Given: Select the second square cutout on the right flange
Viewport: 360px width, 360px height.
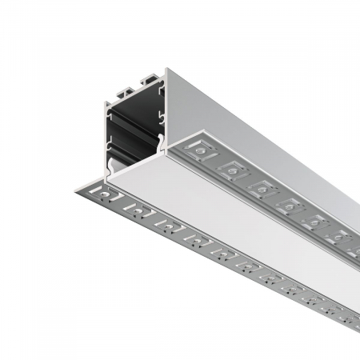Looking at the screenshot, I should click(233, 169).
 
